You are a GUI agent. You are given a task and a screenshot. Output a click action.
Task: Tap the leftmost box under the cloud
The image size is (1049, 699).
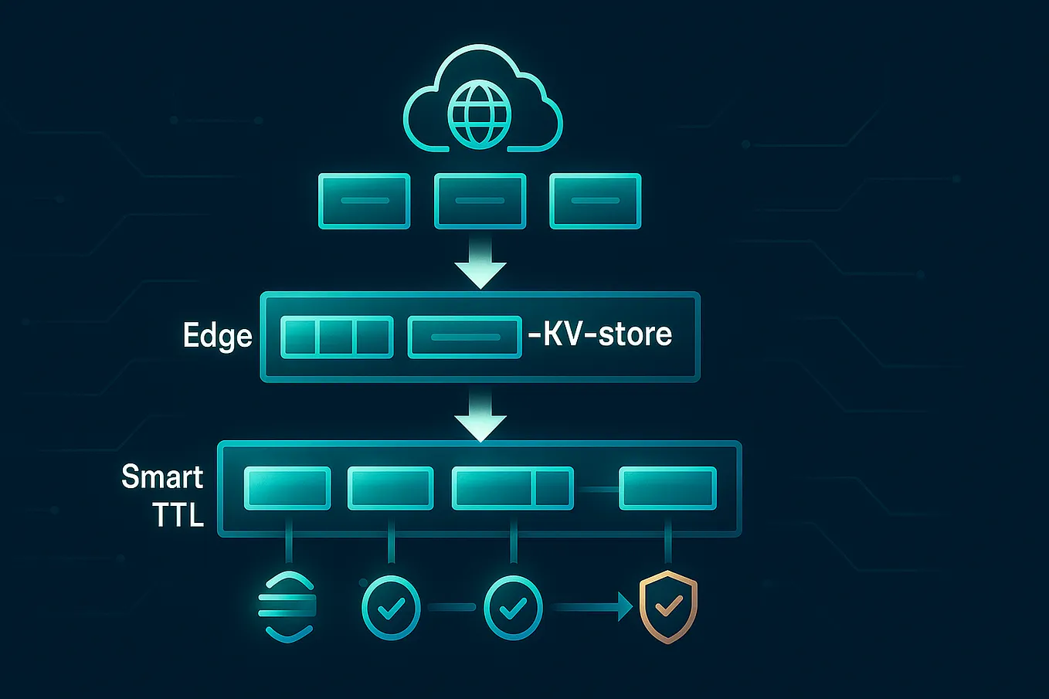point(364,201)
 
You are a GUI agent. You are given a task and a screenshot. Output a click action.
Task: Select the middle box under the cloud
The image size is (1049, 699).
point(480,201)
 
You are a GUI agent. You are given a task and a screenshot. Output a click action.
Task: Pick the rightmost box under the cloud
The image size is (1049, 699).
point(595,201)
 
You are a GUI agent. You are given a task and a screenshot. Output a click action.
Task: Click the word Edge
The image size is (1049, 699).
point(217,336)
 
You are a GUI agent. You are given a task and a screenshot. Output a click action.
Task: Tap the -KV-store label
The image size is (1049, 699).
point(599,334)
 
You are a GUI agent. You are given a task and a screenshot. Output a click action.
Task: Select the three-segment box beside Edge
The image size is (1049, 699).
point(336,337)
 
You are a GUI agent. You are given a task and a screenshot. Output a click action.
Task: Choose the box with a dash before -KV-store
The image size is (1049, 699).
point(464,337)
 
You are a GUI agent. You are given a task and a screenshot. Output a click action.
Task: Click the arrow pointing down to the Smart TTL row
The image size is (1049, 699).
point(480,417)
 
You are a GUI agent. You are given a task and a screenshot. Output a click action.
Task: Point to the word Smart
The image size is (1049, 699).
point(162,477)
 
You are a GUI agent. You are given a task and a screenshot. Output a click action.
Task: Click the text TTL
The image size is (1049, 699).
point(178,515)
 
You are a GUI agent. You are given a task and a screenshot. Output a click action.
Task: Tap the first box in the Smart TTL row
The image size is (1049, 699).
point(287,488)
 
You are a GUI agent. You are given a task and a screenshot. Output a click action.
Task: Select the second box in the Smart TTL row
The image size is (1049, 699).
point(390,488)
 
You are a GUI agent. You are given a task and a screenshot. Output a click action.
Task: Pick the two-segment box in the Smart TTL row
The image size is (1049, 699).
point(512,488)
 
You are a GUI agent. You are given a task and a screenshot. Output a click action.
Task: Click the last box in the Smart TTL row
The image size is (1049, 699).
point(667,488)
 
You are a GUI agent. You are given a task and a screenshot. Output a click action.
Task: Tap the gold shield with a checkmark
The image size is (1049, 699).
point(668,607)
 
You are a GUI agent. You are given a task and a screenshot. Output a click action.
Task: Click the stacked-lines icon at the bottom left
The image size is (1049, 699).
point(287,607)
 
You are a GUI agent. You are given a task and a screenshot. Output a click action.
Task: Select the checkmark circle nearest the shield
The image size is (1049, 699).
point(513,608)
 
